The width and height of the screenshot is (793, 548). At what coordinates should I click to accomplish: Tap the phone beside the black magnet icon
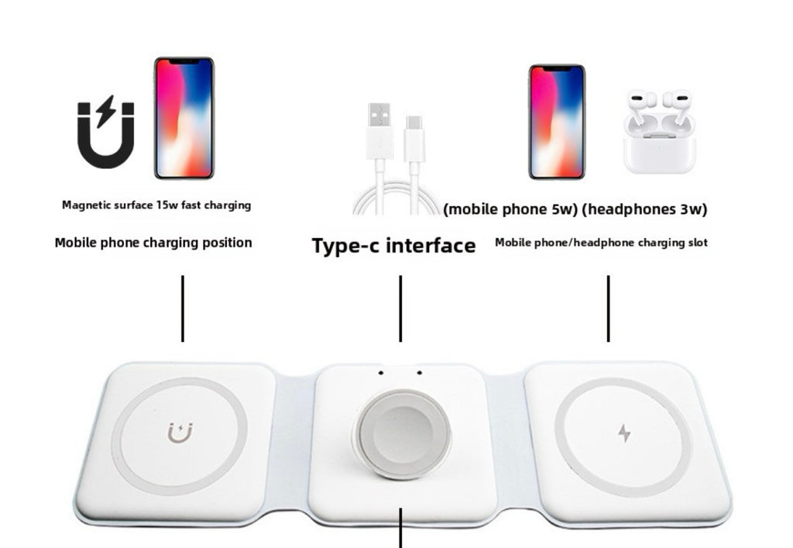click(x=184, y=118)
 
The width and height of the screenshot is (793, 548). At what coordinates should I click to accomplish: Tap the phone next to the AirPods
click(x=557, y=122)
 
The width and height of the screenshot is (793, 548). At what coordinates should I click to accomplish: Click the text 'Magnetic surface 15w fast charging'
click(x=156, y=205)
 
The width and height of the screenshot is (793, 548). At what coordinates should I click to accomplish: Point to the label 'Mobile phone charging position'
click(x=153, y=243)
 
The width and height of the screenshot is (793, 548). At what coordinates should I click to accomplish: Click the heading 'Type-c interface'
click(x=393, y=246)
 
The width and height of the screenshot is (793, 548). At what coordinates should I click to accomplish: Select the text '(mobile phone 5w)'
click(x=508, y=209)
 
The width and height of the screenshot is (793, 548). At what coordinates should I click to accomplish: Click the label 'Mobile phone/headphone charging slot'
click(x=601, y=243)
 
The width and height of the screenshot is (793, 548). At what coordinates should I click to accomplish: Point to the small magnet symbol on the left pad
click(x=180, y=432)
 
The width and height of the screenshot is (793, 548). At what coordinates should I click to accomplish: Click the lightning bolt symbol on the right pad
click(x=624, y=433)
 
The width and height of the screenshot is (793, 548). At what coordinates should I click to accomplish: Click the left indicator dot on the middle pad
click(x=380, y=373)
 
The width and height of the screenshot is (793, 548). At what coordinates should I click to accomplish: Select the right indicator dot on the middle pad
click(x=419, y=373)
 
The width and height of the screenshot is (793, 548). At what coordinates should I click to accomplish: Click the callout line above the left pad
click(x=182, y=308)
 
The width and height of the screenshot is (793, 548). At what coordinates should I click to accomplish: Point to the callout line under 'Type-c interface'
click(x=400, y=308)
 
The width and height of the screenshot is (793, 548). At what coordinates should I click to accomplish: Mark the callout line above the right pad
click(x=608, y=308)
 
